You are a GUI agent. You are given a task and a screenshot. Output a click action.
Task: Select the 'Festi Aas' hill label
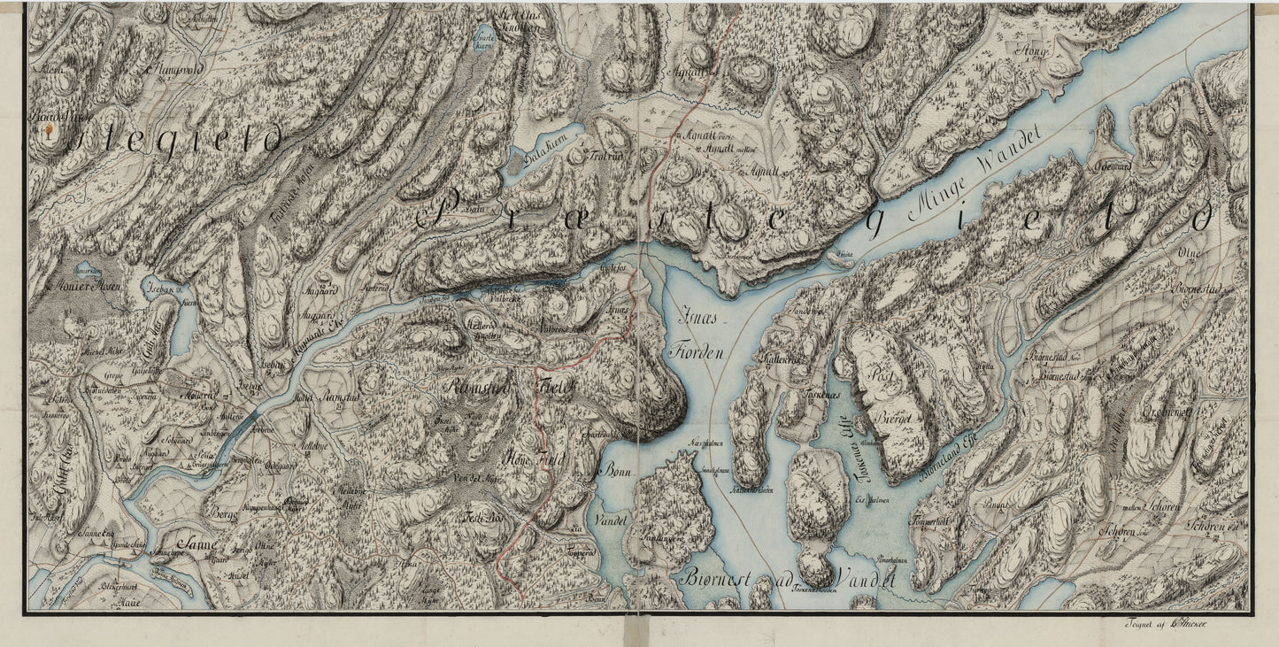[482, 516]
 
